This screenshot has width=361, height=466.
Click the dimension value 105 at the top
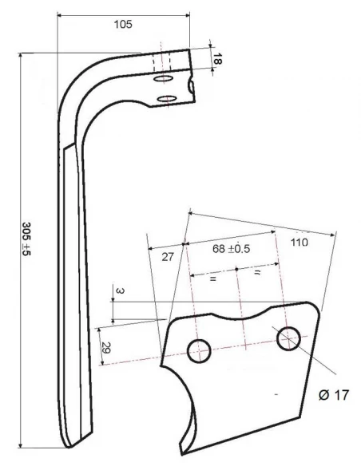[x=122, y=25]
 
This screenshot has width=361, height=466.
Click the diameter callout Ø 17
[x=331, y=395]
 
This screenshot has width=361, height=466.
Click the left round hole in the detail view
[x=198, y=348]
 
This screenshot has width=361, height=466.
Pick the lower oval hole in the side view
[x=166, y=99]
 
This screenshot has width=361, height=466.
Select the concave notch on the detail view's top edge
[x=240, y=314]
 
